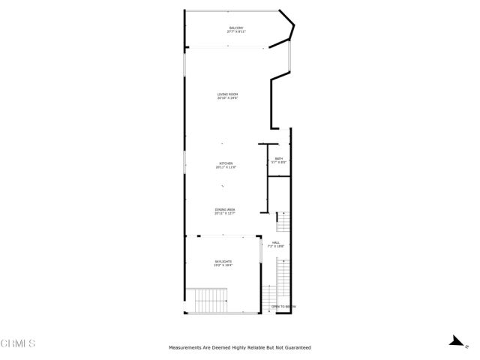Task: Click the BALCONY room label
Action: pos(236,28)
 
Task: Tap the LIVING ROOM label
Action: pos(227,94)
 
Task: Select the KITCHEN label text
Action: pos(226,163)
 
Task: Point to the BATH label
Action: pos(278,158)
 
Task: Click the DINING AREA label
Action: pos(225,210)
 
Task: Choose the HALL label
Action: pos(277,242)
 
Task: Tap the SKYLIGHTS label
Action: pos(223,261)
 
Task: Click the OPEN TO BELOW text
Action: pos(283,307)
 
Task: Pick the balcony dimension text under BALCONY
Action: pos(236,32)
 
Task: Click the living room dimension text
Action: pos(227,98)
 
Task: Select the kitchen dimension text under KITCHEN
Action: pos(226,167)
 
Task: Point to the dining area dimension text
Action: pos(225,214)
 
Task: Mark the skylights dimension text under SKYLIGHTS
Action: pos(223,265)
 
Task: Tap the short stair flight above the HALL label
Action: pos(283,223)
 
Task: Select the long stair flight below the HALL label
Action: pos(283,281)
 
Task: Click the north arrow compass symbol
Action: pos(454,340)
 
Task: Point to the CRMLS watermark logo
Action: pos(19,343)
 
